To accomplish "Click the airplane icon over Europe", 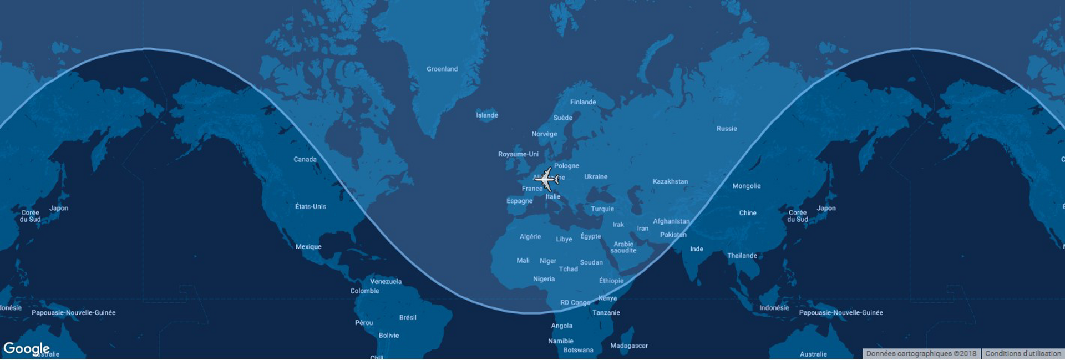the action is (x=547, y=179).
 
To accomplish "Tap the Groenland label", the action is (x=442, y=69).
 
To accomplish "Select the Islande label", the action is (x=487, y=115).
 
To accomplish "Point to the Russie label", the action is (x=727, y=129).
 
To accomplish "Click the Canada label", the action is (x=305, y=160).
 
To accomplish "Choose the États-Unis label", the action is (x=311, y=207).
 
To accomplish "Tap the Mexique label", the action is (x=308, y=247).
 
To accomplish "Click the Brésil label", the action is (x=408, y=318).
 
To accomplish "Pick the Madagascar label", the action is (x=629, y=346).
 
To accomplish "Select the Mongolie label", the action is (x=746, y=186).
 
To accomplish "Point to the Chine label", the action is (x=748, y=213).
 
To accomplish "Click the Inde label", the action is (x=697, y=249).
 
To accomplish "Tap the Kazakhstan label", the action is (x=670, y=182).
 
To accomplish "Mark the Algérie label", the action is (x=530, y=237).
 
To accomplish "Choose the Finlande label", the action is (x=583, y=102).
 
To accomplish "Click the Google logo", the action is (x=26, y=349).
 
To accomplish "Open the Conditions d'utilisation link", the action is (x=1023, y=354).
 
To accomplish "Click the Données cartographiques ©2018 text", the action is (x=921, y=354).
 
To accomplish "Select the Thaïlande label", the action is (x=742, y=256).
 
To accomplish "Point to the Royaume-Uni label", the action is (x=518, y=154).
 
